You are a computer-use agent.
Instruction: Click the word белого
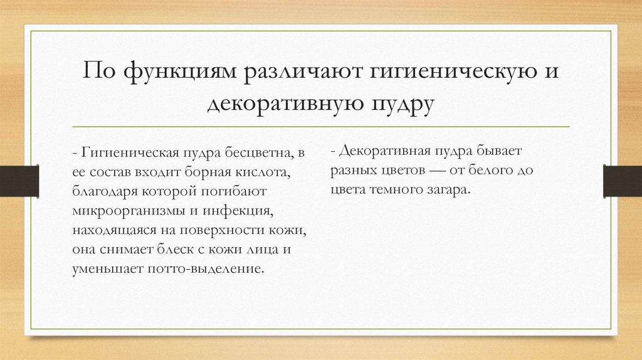coord(491,170)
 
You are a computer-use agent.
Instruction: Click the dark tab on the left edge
coord(19,180)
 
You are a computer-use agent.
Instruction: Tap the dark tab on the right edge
coord(622,180)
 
